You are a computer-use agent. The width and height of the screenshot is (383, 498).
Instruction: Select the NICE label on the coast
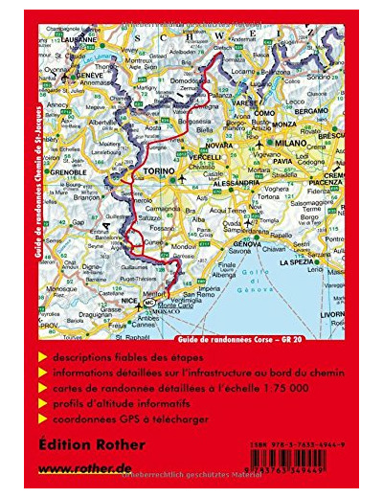pos(129,301)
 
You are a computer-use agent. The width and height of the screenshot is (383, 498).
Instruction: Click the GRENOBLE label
pos(65,172)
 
